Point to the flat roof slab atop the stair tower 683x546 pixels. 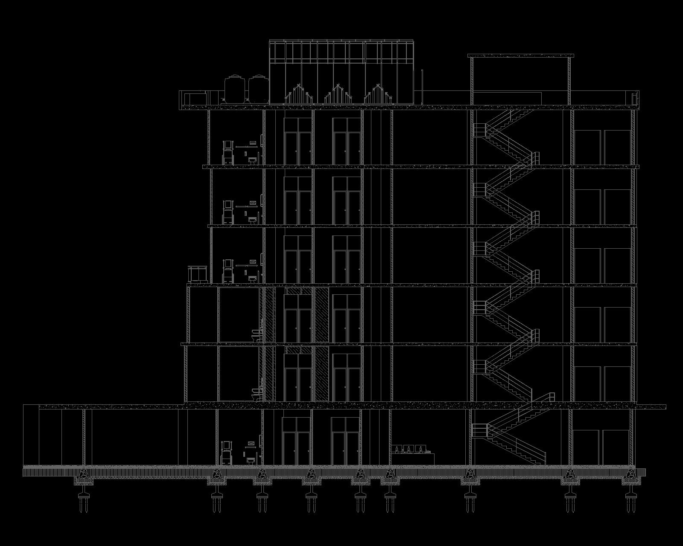[x=520, y=55]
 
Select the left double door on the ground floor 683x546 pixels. [x=295, y=441]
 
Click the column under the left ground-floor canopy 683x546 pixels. [x=84, y=437]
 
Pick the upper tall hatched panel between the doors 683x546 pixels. [x=321, y=315]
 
